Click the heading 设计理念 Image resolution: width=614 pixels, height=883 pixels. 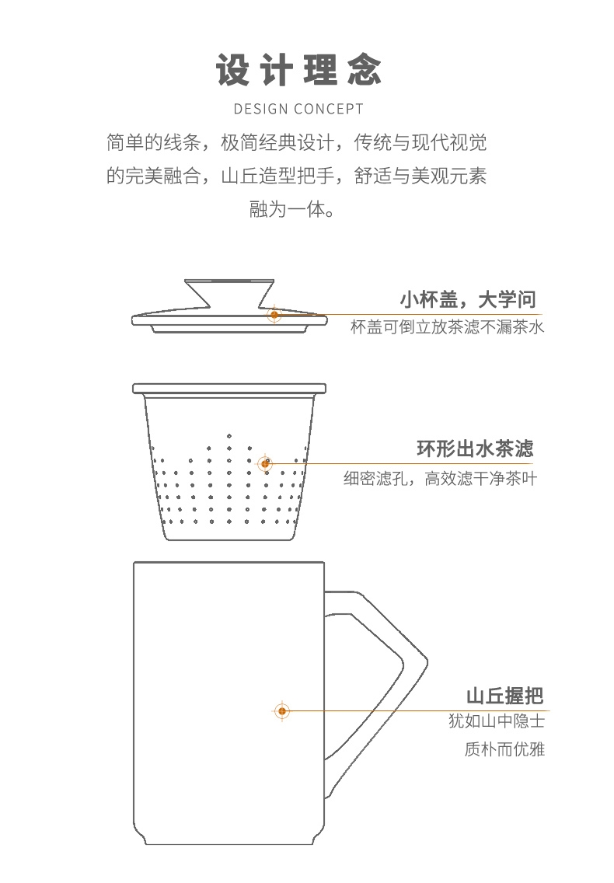point(298,71)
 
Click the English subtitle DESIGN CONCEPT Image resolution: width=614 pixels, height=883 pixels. point(298,109)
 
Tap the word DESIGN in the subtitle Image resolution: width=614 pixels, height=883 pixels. point(261,109)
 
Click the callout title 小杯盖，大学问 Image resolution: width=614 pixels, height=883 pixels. point(468,299)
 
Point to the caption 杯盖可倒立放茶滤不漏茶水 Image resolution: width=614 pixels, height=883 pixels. point(447,327)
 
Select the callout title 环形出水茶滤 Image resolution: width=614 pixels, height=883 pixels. point(475,448)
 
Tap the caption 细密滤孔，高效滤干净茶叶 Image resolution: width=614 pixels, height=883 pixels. point(441,479)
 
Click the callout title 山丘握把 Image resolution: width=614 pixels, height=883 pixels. point(504,696)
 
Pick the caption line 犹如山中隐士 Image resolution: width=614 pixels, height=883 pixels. point(497,721)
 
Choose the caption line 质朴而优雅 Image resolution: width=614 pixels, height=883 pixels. point(504,749)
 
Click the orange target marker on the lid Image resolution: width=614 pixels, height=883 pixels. point(274,315)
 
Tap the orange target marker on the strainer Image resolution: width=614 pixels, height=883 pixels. point(265,463)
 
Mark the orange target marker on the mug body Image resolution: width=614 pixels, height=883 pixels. point(282,711)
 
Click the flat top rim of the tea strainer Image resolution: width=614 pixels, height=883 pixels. point(229,389)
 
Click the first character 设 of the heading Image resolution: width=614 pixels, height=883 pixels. point(232,71)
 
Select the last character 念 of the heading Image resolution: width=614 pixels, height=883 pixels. point(365,71)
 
